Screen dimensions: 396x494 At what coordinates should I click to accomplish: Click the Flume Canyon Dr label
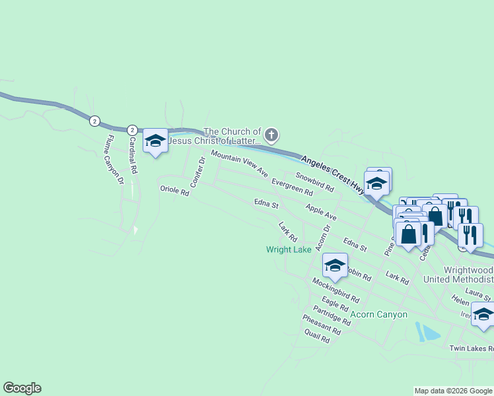[x=112, y=159]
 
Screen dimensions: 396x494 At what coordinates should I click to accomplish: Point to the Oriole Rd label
[x=174, y=191]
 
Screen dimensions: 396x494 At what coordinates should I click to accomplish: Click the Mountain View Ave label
[x=239, y=163]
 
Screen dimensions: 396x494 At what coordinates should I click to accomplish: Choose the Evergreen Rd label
[x=292, y=187]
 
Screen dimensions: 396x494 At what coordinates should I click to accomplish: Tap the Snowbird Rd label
[x=314, y=182]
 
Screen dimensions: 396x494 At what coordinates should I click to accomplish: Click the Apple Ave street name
[x=321, y=212]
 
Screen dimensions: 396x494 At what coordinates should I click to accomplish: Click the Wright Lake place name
[x=289, y=250]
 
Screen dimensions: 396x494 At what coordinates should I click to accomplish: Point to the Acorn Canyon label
[x=379, y=314]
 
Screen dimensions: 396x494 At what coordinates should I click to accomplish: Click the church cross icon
[x=271, y=135]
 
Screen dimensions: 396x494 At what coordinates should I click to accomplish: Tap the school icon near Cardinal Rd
[x=156, y=141]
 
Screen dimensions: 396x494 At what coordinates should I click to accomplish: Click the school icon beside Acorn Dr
[x=335, y=265]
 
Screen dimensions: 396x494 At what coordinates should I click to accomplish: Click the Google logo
[x=22, y=388]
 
